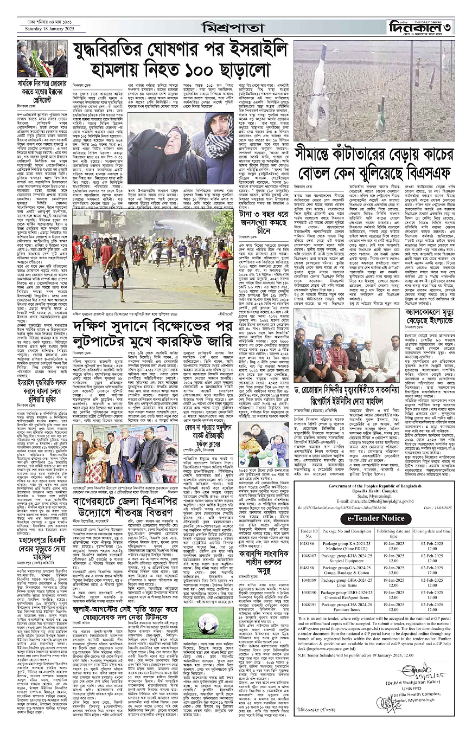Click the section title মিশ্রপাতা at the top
(235, 27)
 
